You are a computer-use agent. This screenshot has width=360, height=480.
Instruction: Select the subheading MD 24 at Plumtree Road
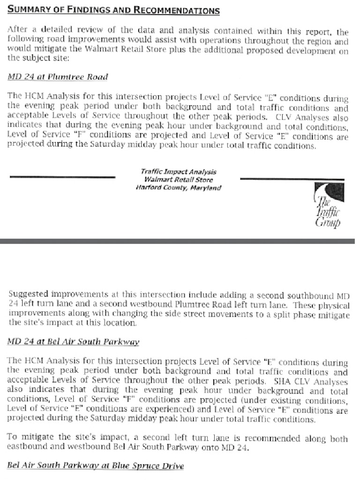[58, 77]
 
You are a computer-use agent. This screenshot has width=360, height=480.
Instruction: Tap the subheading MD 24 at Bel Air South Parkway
[73, 342]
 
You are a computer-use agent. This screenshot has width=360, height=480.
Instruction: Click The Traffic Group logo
[327, 204]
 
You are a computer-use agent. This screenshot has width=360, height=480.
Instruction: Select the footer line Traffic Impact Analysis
[178, 172]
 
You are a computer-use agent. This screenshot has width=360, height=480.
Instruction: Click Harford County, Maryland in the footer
[178, 187]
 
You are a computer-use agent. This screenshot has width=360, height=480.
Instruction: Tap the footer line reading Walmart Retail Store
[178, 180]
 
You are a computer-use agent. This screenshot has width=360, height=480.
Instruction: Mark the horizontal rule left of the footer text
[62, 177]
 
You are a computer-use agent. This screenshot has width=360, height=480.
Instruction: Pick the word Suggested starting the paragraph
[28, 295]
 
